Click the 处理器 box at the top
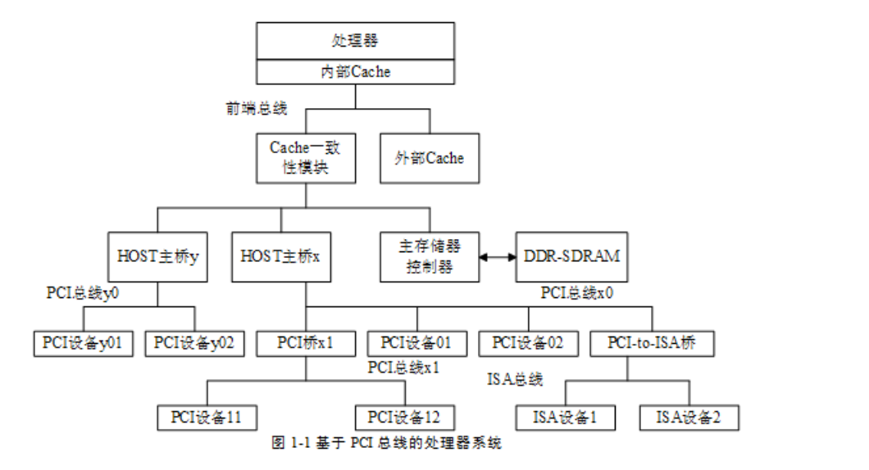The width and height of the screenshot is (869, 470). tap(355, 40)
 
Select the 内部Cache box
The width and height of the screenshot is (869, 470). tap(355, 72)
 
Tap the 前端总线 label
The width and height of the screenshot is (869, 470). tap(257, 108)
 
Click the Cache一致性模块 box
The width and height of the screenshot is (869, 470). tap(305, 157)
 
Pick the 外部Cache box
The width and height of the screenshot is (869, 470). tap(430, 157)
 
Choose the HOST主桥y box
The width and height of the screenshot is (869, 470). tap(157, 257)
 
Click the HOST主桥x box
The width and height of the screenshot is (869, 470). tap(280, 257)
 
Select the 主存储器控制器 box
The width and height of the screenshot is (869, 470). tap(430, 257)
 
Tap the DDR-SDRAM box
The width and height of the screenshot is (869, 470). tap(571, 256)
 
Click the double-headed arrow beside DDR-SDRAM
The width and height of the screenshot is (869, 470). tap(497, 257)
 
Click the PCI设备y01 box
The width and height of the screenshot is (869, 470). tap(83, 343)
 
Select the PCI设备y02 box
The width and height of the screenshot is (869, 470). tap(194, 343)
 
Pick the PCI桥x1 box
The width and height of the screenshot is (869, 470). tap(305, 343)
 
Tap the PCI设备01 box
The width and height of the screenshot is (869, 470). tap(416, 343)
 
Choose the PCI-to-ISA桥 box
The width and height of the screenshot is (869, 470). tap(652, 343)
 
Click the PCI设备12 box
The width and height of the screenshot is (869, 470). tap(404, 418)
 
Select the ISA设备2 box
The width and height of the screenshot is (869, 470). tap(689, 418)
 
